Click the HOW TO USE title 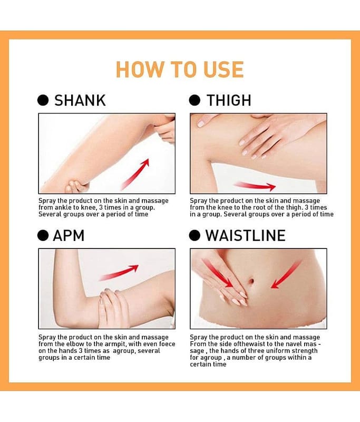(180, 70)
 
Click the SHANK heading (80, 100)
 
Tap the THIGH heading (229, 100)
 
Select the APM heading (69, 235)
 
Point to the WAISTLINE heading (246, 235)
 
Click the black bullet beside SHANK (43, 100)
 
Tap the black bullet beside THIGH (194, 100)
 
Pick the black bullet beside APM (43, 235)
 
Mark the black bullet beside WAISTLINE (194, 235)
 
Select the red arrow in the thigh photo (255, 186)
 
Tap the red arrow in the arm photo (119, 273)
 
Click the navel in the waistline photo (251, 281)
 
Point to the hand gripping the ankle (76, 186)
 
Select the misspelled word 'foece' (167, 344)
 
